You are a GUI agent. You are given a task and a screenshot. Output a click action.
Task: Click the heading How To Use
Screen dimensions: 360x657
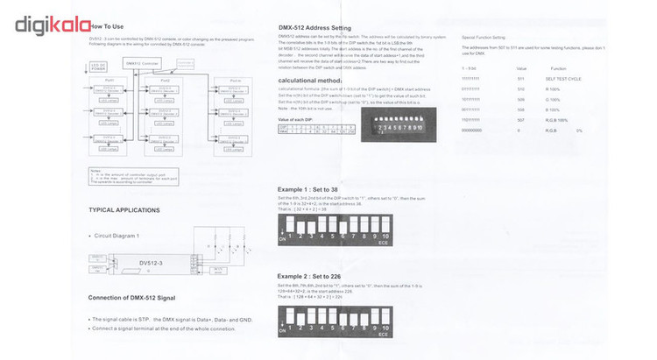tap(107, 27)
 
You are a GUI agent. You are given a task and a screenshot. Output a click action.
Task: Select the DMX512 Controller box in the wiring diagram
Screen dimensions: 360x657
tap(145, 64)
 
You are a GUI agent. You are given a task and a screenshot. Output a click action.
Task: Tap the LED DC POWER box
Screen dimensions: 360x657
tap(99, 67)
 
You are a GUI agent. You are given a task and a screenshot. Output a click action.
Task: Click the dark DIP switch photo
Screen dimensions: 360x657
tap(395, 126)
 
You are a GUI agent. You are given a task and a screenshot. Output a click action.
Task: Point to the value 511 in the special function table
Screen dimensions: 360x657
tap(521, 78)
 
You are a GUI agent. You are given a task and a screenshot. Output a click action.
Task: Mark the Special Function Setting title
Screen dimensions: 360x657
tap(484, 39)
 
